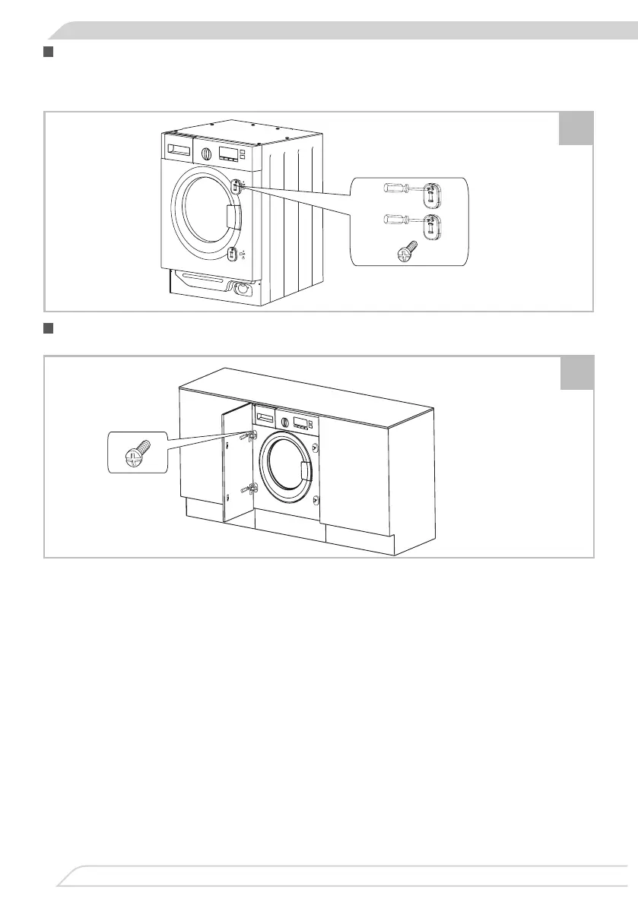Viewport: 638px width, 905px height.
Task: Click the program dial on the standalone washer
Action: (x=205, y=151)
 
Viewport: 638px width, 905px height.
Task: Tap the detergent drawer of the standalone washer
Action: (x=177, y=150)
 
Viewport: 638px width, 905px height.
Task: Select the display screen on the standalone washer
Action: (x=227, y=153)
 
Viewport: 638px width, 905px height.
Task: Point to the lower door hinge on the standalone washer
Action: (x=234, y=253)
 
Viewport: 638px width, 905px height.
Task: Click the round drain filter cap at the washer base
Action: (x=243, y=289)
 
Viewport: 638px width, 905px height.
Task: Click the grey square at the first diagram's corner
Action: (x=575, y=128)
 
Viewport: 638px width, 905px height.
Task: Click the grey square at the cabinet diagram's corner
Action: (x=575, y=372)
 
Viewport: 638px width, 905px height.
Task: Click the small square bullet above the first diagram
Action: (x=49, y=52)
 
